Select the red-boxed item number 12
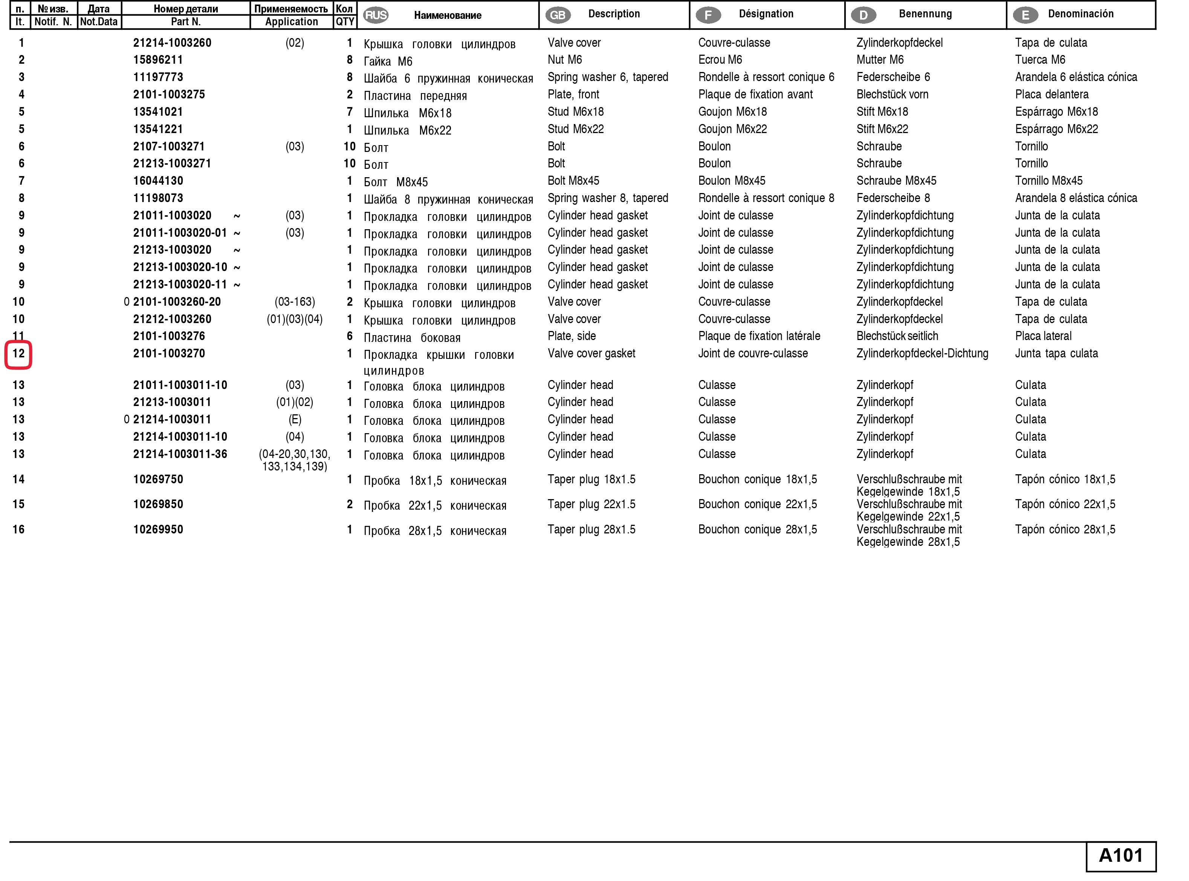coord(19,354)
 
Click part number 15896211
coord(158,60)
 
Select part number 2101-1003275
coord(169,94)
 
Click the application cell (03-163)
coord(295,302)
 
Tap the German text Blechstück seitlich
coord(897,336)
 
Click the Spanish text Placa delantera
coord(1051,94)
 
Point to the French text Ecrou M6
coord(720,60)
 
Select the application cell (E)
coord(295,420)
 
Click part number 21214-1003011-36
coord(180,454)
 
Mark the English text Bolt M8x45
coord(573,181)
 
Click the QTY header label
coord(345,22)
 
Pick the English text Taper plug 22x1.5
coord(591,504)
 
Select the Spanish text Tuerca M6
coord(1040,60)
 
